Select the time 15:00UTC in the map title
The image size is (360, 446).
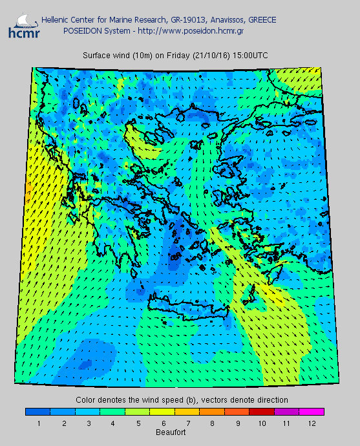pos(248,56)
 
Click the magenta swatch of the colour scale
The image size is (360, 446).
pos(311,411)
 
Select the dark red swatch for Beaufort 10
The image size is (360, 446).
pos(261,411)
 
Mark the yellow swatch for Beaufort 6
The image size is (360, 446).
pos(162,411)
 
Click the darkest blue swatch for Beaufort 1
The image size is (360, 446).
pos(37,411)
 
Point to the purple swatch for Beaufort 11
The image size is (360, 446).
pos(286,411)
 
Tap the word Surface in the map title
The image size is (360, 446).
pos(96,56)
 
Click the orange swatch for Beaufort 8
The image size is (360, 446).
pos(211,411)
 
